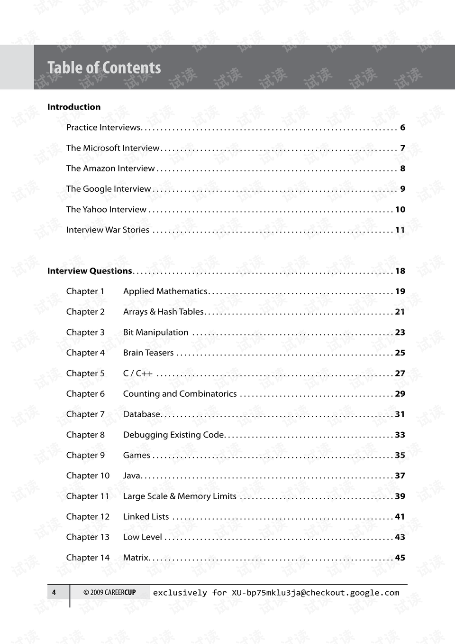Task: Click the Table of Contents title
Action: coord(104,68)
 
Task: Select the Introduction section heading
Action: coord(74,107)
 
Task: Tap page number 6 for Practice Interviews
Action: coord(402,128)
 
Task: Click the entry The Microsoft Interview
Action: coord(113,148)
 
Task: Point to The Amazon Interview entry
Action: coord(110,168)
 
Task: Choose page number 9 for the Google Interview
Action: coord(402,189)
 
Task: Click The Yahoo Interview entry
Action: coord(106,209)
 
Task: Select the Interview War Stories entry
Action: coord(108,230)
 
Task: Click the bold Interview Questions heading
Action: coord(90,271)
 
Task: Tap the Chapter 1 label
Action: coord(85,291)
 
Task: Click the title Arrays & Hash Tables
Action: coord(164,312)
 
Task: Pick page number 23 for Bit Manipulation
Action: coord(400,332)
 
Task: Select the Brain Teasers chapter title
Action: coord(148,353)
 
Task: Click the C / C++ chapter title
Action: coord(138,373)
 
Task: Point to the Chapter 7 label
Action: coord(85,414)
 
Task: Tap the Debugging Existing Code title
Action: coord(173,435)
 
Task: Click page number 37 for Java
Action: coord(400,476)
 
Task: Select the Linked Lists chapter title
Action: coord(146,517)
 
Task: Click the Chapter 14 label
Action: coord(88,558)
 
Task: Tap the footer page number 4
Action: coord(54,592)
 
